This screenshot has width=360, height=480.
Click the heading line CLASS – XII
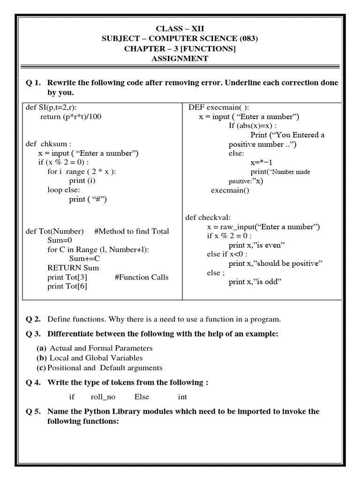pyautogui.click(x=180, y=29)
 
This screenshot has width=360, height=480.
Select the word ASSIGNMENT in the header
pyautogui.click(x=180, y=59)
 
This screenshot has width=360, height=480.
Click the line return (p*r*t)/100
pyautogui.click(x=71, y=117)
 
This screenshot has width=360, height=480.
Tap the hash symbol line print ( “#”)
pyautogui.click(x=88, y=199)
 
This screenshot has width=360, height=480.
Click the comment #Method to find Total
pyautogui.click(x=132, y=231)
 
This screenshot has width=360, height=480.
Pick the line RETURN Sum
pyautogui.click(x=73, y=268)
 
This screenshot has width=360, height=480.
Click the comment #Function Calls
pyautogui.click(x=142, y=277)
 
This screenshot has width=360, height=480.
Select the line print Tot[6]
pyautogui.click(x=67, y=286)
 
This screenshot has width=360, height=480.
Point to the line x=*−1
pyautogui.click(x=262, y=163)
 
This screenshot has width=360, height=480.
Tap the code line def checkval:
pyautogui.click(x=208, y=217)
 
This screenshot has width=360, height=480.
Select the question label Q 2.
pyautogui.click(x=33, y=319)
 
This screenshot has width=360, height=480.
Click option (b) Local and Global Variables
pyautogui.click(x=90, y=358)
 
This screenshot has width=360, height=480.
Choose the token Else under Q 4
pyautogui.click(x=142, y=397)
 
